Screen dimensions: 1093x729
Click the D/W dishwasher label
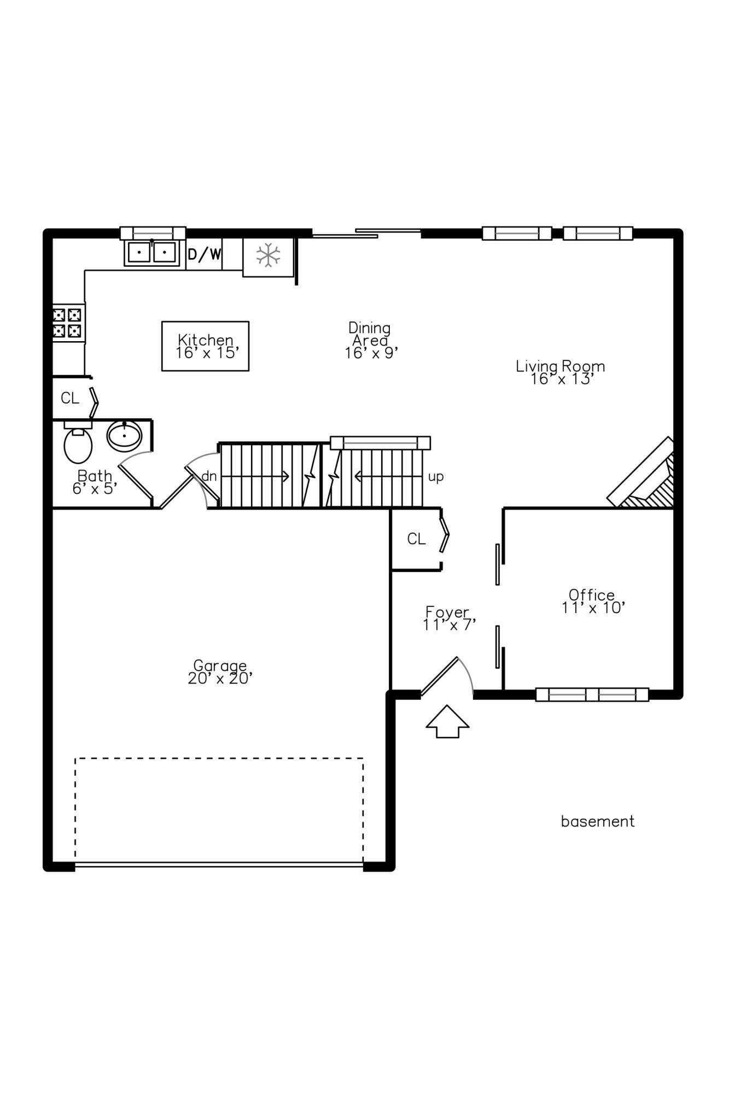pos(205,254)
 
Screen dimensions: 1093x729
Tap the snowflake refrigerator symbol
pos(269,255)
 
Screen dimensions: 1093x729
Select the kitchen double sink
pos(152,253)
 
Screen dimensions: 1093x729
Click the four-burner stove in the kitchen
pos(67,323)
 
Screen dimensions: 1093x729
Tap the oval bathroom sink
pos(125,436)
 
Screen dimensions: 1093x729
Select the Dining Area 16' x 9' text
pos(370,341)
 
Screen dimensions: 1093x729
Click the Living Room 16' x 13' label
pos(561,372)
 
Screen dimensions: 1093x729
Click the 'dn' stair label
pos(209,476)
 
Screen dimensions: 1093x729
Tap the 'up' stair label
pos(435,477)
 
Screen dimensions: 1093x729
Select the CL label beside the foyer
pos(416,539)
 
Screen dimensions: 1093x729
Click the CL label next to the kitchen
pos(70,398)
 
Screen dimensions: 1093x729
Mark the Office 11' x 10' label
pos(592,601)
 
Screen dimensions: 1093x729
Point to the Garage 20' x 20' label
pos(220,672)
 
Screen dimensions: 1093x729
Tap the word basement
pos(597,821)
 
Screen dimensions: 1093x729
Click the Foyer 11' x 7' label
pos(448,618)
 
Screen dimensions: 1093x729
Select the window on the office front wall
pos(592,694)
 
